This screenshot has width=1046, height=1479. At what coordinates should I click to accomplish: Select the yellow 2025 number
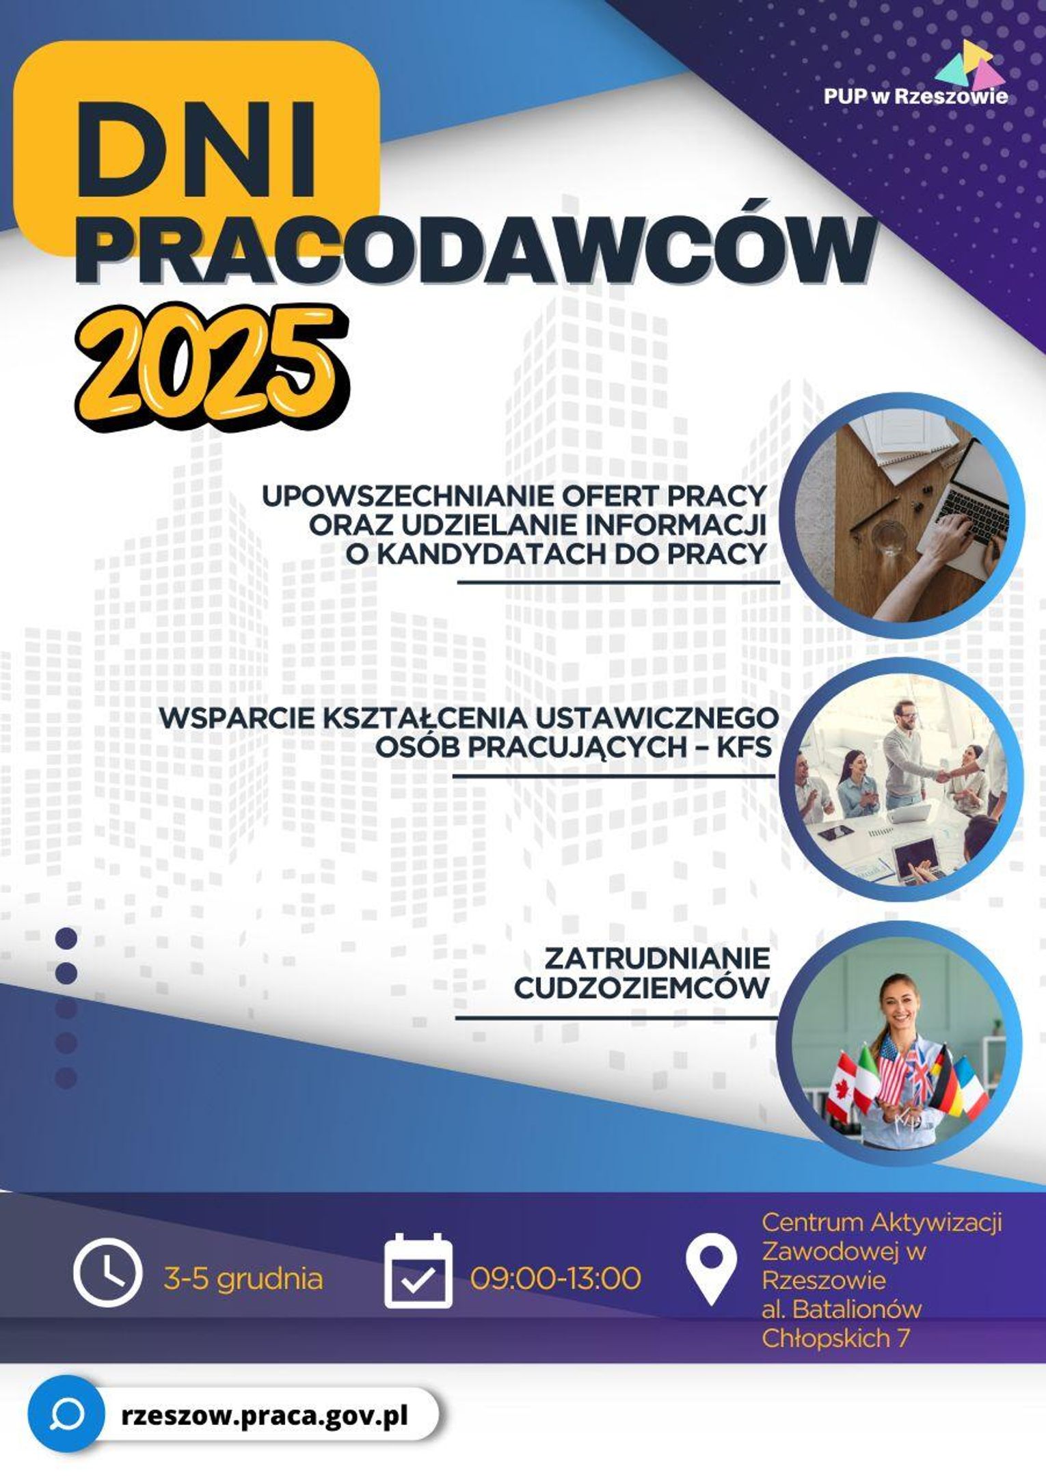212,368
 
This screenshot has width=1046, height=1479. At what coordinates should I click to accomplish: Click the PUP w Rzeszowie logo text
915,96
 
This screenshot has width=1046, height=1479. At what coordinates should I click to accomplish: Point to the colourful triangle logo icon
970,62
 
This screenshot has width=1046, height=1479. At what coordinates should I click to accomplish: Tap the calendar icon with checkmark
418,1272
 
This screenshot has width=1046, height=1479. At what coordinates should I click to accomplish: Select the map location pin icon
711,1273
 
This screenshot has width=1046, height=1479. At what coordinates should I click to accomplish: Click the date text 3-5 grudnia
243,1278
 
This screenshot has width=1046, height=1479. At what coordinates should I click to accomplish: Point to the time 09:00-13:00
556,1277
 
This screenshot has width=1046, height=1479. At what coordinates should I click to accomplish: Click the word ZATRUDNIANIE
656,958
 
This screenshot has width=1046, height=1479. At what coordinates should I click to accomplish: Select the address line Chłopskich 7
835,1338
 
